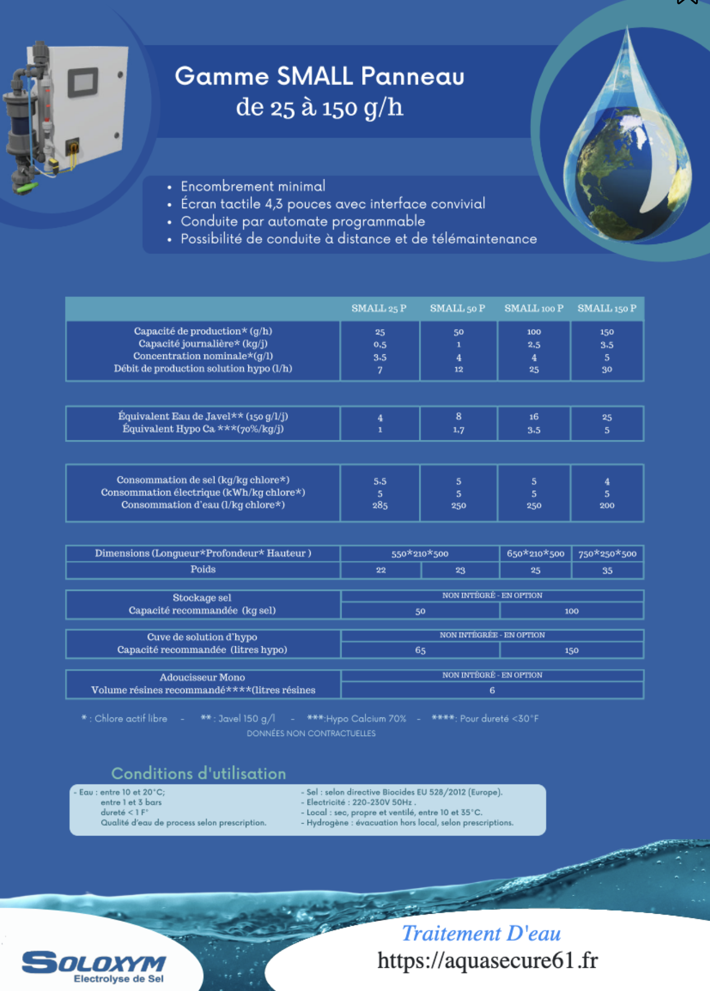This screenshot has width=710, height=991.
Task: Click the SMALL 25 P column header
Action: [379, 309]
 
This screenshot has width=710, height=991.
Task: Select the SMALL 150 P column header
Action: [606, 309]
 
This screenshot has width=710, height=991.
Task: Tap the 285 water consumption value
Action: [380, 505]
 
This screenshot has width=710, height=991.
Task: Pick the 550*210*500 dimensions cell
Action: [419, 554]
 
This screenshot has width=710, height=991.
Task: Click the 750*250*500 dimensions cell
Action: [607, 554]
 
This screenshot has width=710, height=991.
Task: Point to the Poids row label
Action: [203, 569]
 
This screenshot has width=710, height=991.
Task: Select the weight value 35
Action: [607, 570]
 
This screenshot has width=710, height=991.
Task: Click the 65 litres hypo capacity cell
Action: [420, 650]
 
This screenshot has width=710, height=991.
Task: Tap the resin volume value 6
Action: [492, 690]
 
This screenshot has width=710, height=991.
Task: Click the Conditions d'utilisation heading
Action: [198, 773]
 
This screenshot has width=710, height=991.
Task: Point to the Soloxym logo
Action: [94, 966]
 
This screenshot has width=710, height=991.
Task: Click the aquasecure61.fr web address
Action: [487, 961]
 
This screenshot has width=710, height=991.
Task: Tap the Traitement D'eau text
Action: [481, 933]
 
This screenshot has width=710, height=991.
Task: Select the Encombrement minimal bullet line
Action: [252, 186]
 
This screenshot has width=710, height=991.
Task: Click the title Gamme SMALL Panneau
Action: [319, 76]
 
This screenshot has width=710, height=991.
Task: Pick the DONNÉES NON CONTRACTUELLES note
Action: [311, 733]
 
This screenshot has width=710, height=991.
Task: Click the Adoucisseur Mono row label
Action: [202, 677]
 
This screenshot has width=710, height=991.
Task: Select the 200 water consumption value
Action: [606, 505]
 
